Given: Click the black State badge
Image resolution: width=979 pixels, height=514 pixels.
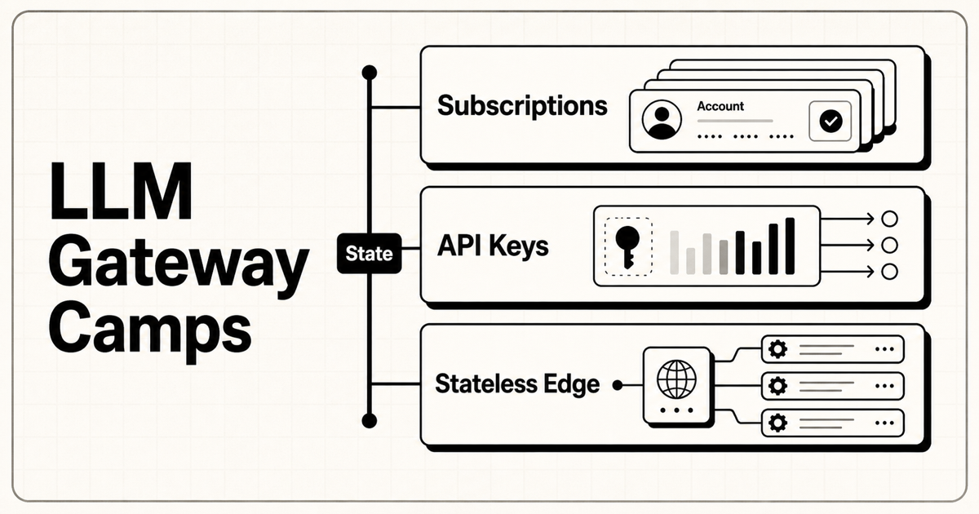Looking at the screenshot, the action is click(370, 254).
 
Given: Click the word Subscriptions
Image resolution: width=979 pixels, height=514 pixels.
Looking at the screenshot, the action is click(522, 107).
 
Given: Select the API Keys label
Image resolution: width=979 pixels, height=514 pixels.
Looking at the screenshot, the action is click(493, 246).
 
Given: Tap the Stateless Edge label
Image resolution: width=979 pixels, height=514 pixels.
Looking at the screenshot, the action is click(517, 384).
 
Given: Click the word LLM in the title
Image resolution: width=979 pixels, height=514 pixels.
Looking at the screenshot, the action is click(121, 191).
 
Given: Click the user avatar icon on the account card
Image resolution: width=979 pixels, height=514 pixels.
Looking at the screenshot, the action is click(662, 120).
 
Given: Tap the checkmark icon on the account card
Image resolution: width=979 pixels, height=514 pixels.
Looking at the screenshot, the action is click(831, 121).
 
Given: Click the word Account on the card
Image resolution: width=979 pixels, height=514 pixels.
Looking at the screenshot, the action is click(720, 106).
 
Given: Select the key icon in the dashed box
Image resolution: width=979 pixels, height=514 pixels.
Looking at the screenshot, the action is click(627, 247).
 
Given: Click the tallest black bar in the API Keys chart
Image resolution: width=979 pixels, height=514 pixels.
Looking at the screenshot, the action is click(790, 246).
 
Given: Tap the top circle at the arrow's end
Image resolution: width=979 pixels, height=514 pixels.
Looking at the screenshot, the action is click(889, 219).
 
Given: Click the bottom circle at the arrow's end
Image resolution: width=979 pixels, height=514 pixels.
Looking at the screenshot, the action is click(889, 272).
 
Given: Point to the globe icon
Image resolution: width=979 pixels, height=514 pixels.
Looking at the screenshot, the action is click(676, 379).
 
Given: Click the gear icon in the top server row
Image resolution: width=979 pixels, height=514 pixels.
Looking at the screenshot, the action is click(778, 349).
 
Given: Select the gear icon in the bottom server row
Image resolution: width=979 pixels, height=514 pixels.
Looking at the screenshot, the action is click(778, 423).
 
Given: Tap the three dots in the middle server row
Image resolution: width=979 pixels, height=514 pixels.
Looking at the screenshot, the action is click(884, 386).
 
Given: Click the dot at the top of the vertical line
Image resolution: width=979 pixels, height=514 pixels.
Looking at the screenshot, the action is click(370, 73).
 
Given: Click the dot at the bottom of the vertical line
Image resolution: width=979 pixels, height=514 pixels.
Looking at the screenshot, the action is click(370, 421).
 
